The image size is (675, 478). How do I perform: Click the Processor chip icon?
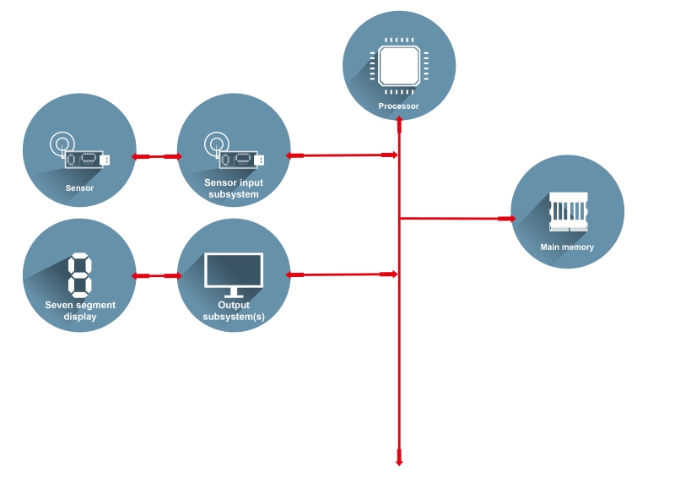coord(399,65)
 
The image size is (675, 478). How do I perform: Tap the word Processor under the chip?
coord(399,106)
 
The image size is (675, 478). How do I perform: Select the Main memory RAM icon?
coord(568,212)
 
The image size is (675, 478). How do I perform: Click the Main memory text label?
coord(567,247)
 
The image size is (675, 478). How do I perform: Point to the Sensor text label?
coord(79,188)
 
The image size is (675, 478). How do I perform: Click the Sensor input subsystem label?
coord(233,188)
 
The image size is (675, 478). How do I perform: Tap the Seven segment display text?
coord(80,311)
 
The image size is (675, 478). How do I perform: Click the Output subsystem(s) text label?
coord(234,311)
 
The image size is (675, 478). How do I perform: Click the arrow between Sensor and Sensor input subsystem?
coord(157,156)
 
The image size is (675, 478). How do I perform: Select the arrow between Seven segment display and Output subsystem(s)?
coord(157,275)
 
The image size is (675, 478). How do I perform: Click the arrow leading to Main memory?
coord(456,218)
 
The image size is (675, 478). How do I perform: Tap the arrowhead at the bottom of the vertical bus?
coord(399,461)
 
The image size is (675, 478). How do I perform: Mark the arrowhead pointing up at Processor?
coord(399,121)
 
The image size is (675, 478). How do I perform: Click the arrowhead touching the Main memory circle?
coord(507,218)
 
